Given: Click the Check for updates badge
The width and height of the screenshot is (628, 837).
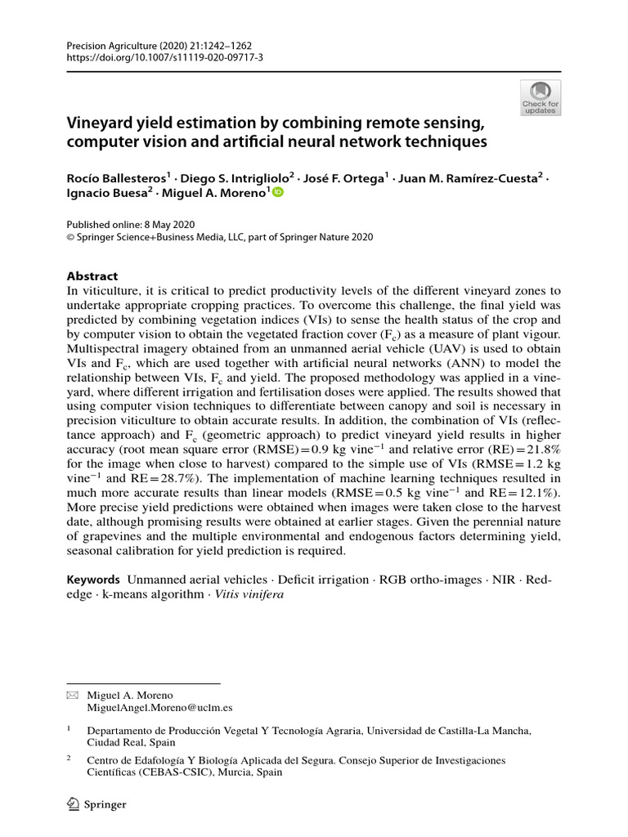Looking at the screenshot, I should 541,97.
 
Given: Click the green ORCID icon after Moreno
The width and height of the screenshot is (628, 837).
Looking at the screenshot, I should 277,193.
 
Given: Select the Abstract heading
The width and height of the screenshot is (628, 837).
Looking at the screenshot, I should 92,276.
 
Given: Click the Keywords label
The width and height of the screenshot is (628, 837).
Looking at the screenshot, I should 96,580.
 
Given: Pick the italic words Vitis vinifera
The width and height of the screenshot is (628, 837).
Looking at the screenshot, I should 249,594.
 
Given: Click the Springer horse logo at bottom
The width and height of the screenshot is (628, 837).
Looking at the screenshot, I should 73,804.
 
